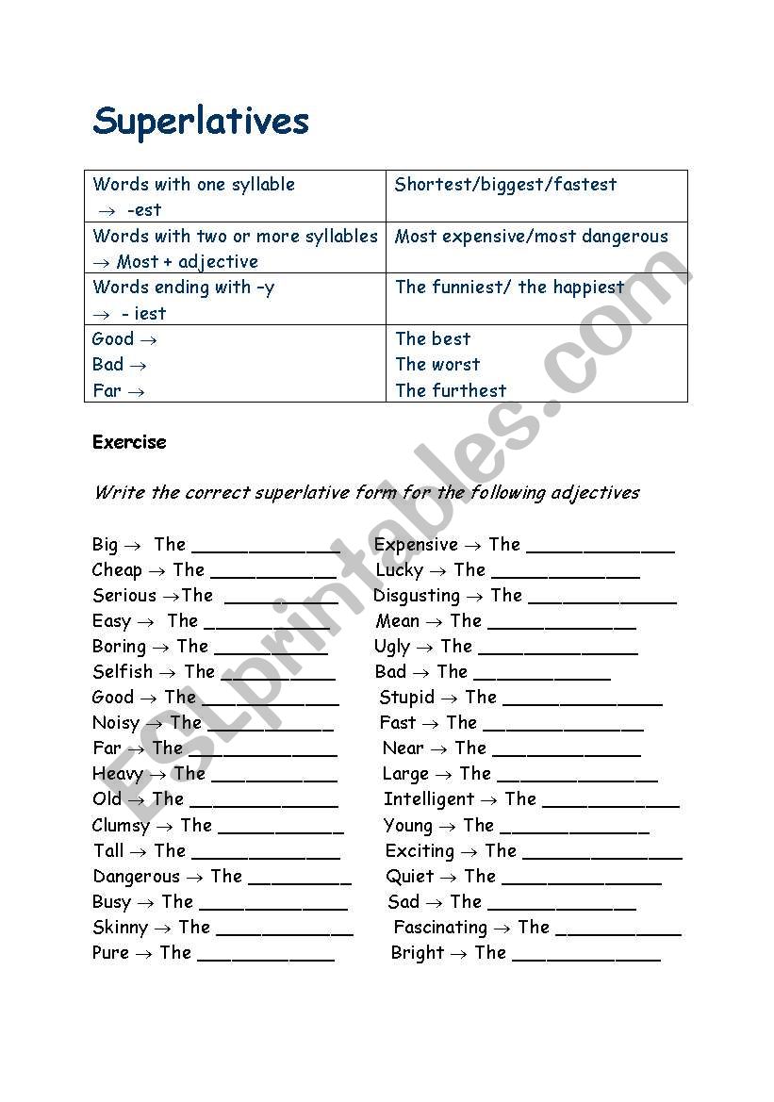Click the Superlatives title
click(x=201, y=123)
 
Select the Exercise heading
click(x=129, y=442)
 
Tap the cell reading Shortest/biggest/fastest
click(x=505, y=185)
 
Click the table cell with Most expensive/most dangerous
click(x=531, y=237)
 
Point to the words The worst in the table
click(x=437, y=365)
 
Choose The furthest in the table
click(x=451, y=390)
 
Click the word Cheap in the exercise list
click(x=117, y=570)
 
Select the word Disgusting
click(x=417, y=596)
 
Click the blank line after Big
click(x=266, y=549)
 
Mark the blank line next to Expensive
click(x=601, y=549)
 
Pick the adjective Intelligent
click(x=429, y=799)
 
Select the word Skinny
click(x=120, y=928)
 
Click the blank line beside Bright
click(x=585, y=958)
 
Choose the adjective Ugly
click(x=392, y=647)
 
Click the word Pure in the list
click(x=110, y=953)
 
